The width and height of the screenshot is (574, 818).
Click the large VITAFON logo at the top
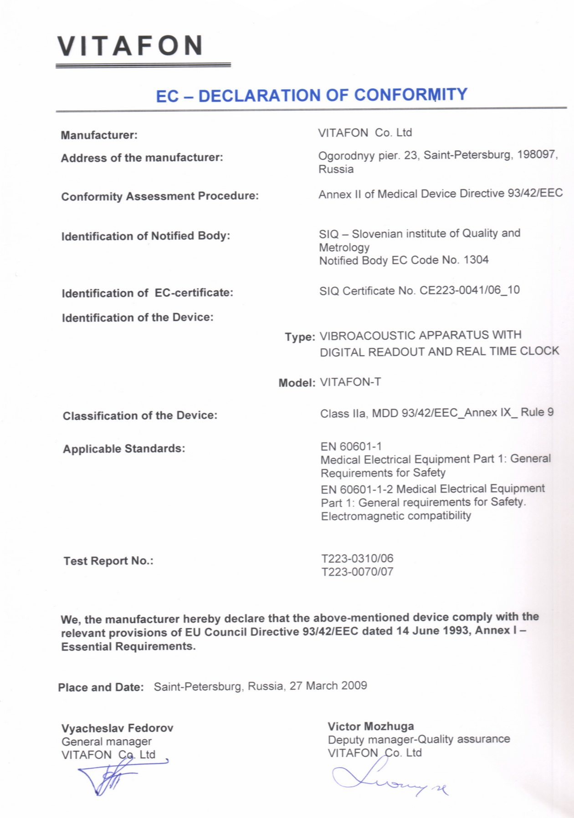tap(130, 46)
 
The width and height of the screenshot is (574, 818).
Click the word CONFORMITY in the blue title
tap(410, 95)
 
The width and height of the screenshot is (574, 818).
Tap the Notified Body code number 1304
tap(476, 260)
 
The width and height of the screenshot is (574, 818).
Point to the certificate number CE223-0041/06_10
tap(469, 290)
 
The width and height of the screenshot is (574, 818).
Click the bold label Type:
tap(300, 337)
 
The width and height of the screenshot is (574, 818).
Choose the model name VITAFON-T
tap(350, 382)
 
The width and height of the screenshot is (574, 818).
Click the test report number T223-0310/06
tap(357, 559)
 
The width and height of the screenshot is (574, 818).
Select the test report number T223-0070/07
tap(357, 572)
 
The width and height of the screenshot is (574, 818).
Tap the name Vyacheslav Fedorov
tap(117, 728)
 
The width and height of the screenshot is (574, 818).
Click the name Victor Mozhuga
tap(371, 726)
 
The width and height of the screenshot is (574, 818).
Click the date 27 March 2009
tap(328, 686)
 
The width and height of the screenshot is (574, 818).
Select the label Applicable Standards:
tap(124, 449)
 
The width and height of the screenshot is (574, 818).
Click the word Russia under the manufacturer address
tap(336, 169)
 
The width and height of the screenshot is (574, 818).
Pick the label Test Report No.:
tap(108, 561)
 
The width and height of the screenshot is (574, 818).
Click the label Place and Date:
tap(101, 687)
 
